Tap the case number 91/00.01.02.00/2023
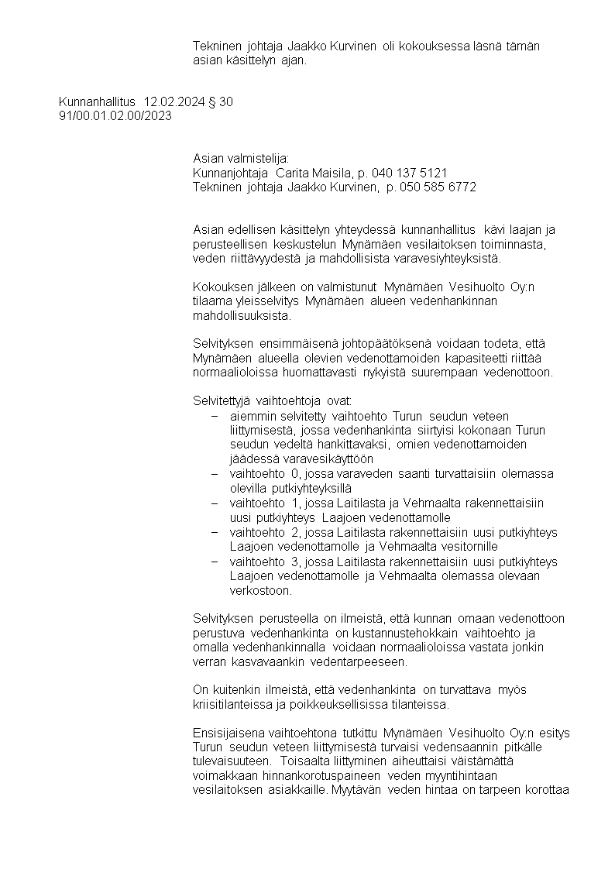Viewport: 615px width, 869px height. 115,115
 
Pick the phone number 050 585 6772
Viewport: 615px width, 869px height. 438,187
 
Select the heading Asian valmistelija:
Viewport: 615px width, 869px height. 240,158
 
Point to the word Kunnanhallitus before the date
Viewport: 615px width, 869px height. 97,101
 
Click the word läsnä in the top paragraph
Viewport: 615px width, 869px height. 488,46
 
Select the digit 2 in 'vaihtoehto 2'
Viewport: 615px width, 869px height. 294,532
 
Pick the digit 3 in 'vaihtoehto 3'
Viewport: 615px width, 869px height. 294,562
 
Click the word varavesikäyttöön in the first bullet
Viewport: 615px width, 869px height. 329,459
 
